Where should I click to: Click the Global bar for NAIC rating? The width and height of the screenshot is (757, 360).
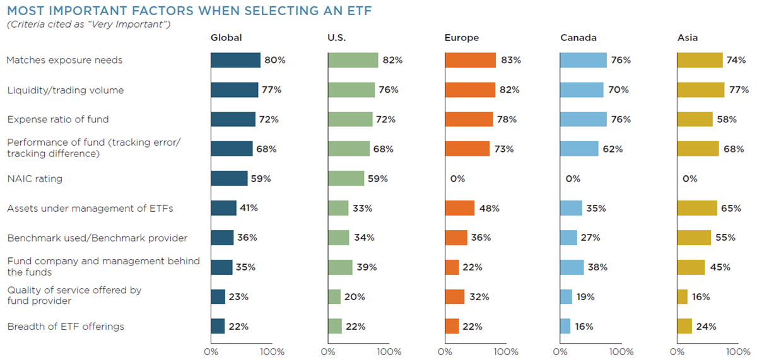tap(229, 178)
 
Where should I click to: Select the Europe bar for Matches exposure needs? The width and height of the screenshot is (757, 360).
tap(471, 60)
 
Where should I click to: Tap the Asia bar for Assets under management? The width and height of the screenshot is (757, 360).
tap(697, 208)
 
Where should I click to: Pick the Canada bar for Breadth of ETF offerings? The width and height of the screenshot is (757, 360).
tap(565, 326)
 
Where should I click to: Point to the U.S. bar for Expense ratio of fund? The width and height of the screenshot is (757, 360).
tap(350, 119)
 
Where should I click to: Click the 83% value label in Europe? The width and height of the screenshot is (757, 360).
tap(511, 60)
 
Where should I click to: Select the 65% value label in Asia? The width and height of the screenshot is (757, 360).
tap(731, 208)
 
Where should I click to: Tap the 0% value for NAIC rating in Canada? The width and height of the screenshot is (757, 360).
tap(573, 178)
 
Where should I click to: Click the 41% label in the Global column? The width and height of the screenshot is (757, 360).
tap(249, 208)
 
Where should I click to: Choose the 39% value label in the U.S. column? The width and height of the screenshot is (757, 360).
tap(367, 267)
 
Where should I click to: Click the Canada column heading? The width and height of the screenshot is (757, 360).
tap(578, 37)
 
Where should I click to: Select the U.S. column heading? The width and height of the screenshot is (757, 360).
tap(337, 37)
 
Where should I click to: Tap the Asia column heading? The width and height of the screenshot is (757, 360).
tap(688, 37)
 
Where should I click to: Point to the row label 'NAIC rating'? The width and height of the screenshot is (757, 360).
tap(35, 178)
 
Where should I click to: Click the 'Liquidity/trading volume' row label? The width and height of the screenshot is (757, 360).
tap(66, 90)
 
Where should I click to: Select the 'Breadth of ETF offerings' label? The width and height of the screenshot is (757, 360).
tap(66, 327)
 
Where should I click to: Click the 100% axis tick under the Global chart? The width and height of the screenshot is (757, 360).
tap(272, 352)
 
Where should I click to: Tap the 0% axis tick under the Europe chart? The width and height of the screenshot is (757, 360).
tap(445, 352)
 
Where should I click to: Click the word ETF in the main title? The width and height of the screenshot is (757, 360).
tap(359, 11)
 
